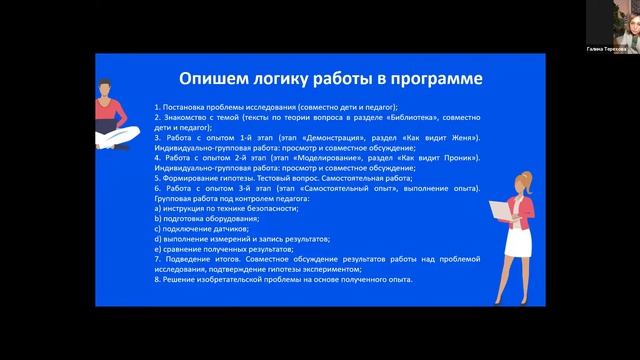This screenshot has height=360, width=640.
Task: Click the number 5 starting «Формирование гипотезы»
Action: (157, 179)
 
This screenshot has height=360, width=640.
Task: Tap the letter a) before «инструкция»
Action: (158, 209)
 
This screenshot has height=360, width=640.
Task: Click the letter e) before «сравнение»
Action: (158, 250)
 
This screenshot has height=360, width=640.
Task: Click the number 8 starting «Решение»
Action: (157, 281)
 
